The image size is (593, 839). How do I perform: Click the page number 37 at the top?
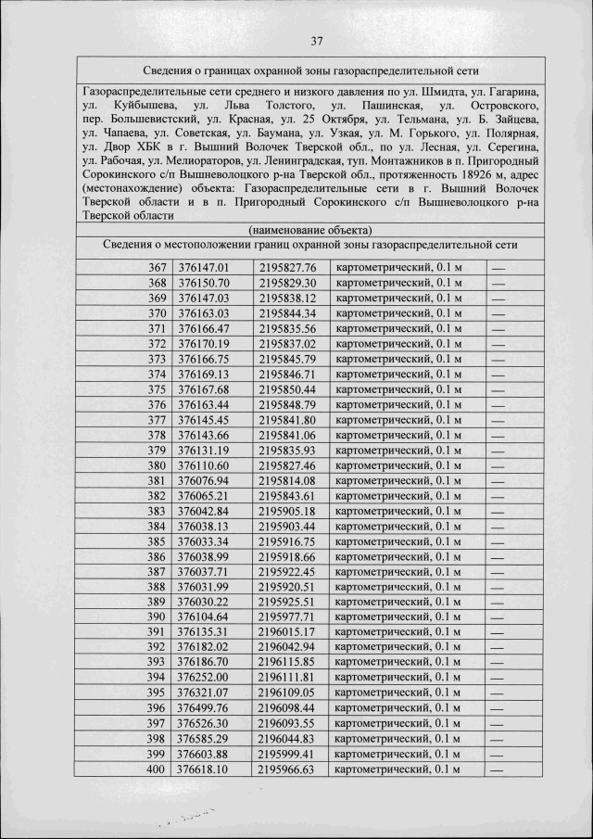(x=316, y=40)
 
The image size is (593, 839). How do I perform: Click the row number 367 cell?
(x=157, y=268)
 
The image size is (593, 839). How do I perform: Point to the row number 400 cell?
(x=157, y=769)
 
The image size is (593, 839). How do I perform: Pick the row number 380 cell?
(x=157, y=465)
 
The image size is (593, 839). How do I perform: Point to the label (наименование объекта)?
(x=310, y=229)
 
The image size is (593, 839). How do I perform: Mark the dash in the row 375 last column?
(x=498, y=389)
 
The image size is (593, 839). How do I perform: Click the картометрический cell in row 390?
(x=397, y=617)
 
